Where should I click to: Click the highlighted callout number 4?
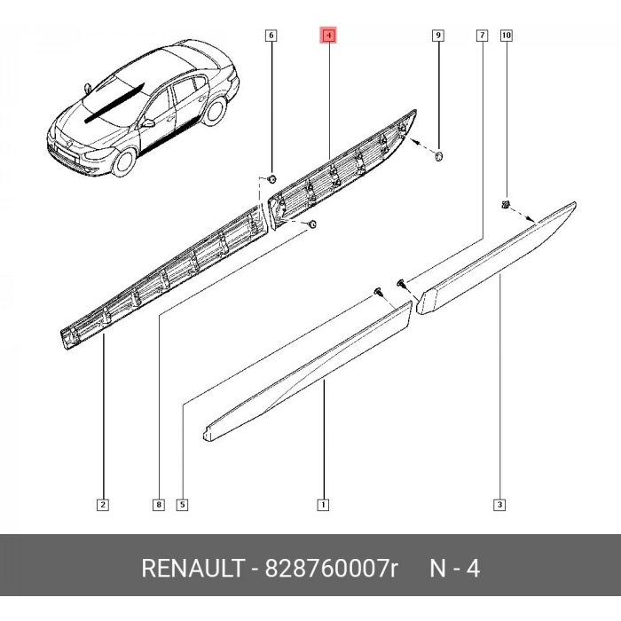point(329,35)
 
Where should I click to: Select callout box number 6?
point(271,35)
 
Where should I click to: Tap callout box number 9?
point(438,35)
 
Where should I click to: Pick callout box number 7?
point(482,35)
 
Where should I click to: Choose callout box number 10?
point(507,35)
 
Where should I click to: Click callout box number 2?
point(103,505)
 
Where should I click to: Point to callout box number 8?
point(159,505)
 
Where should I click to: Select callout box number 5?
point(182,505)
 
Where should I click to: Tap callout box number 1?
point(323,505)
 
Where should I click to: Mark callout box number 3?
point(499,505)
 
